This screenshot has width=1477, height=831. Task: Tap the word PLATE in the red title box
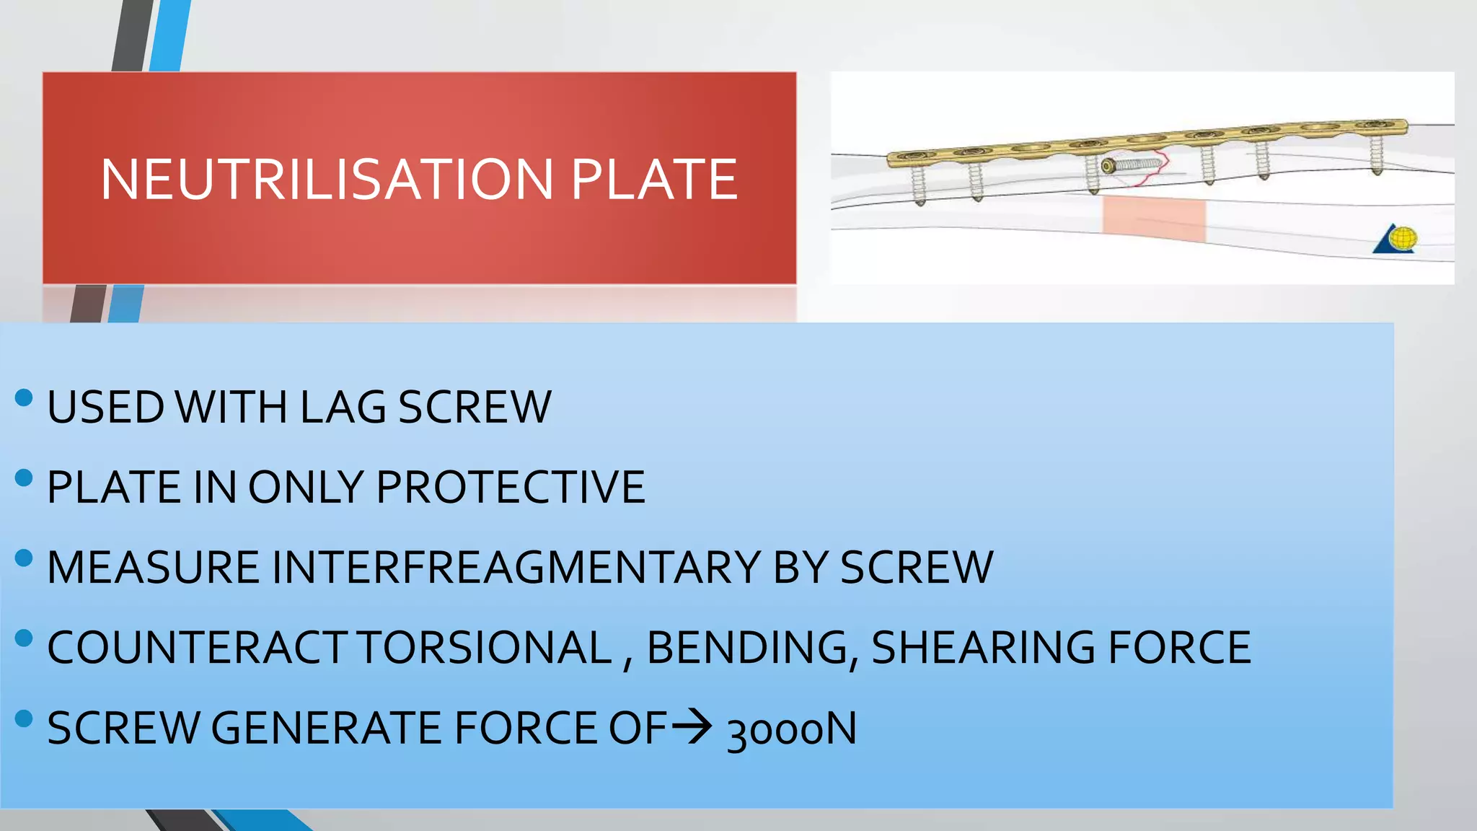click(654, 180)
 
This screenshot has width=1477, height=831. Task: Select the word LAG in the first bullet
click(343, 407)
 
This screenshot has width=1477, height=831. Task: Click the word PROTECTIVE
click(511, 487)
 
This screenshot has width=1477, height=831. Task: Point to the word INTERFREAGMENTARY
click(516, 567)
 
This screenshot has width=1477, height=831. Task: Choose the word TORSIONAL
click(485, 647)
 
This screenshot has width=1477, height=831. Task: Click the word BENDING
click(748, 647)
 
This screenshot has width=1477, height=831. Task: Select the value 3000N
click(792, 729)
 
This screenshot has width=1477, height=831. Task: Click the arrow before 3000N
click(692, 726)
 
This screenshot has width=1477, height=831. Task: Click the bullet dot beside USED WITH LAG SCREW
click(24, 397)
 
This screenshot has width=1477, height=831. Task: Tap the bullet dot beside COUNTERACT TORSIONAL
click(24, 638)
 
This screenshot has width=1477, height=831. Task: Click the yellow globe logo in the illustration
click(1403, 238)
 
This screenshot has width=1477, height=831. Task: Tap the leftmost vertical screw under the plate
click(919, 184)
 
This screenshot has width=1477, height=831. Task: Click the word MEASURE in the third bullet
click(153, 567)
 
